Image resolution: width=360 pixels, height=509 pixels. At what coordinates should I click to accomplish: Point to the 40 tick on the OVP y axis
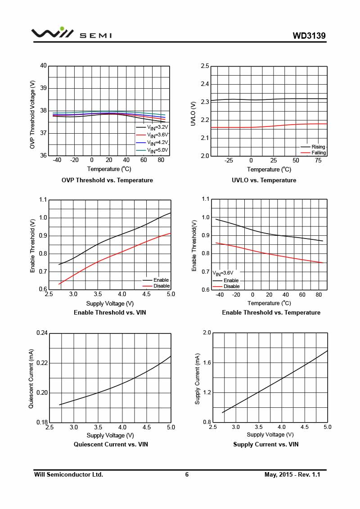[x=44, y=66]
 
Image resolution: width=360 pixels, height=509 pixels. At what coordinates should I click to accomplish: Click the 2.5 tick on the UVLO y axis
[x=205, y=66]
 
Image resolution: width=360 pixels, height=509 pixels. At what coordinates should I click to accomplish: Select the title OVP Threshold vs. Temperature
[x=107, y=180]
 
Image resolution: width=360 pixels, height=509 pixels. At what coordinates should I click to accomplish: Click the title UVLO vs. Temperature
[x=264, y=180]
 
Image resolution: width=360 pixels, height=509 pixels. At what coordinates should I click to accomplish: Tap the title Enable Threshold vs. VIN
[x=110, y=312]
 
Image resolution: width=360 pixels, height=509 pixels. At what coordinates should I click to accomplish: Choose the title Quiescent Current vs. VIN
[x=111, y=445]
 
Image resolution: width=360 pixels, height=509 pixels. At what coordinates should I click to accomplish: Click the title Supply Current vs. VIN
[x=265, y=445]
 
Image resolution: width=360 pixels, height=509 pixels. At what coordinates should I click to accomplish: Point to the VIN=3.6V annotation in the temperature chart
[x=223, y=273]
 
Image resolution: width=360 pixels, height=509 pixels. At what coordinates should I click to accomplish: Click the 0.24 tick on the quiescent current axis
[x=42, y=333]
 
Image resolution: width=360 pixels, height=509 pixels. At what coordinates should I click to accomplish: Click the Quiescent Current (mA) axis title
[x=31, y=378]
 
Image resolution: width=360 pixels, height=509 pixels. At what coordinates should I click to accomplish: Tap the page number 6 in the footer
[x=187, y=475]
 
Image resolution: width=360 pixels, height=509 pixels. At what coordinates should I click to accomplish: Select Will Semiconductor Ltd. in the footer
[x=69, y=475]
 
